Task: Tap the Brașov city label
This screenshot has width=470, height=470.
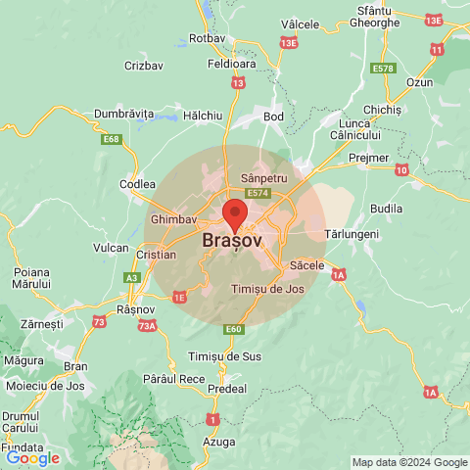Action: [x=232, y=240]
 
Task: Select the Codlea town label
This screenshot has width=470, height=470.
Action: [x=137, y=183]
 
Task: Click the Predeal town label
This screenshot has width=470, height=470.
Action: [x=227, y=389]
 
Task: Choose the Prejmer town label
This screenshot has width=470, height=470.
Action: [x=371, y=158]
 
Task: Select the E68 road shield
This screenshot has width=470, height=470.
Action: [x=113, y=140]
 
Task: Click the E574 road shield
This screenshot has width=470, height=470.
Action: [x=258, y=194]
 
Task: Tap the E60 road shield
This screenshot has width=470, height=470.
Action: [x=233, y=329]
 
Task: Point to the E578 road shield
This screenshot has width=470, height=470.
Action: [x=383, y=69]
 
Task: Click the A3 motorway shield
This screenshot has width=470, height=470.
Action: [x=131, y=278]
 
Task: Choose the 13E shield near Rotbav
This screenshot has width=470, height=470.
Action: [x=288, y=43]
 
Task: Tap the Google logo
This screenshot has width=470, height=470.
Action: [x=32, y=458]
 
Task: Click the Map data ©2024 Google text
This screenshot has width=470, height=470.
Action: [x=409, y=462]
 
